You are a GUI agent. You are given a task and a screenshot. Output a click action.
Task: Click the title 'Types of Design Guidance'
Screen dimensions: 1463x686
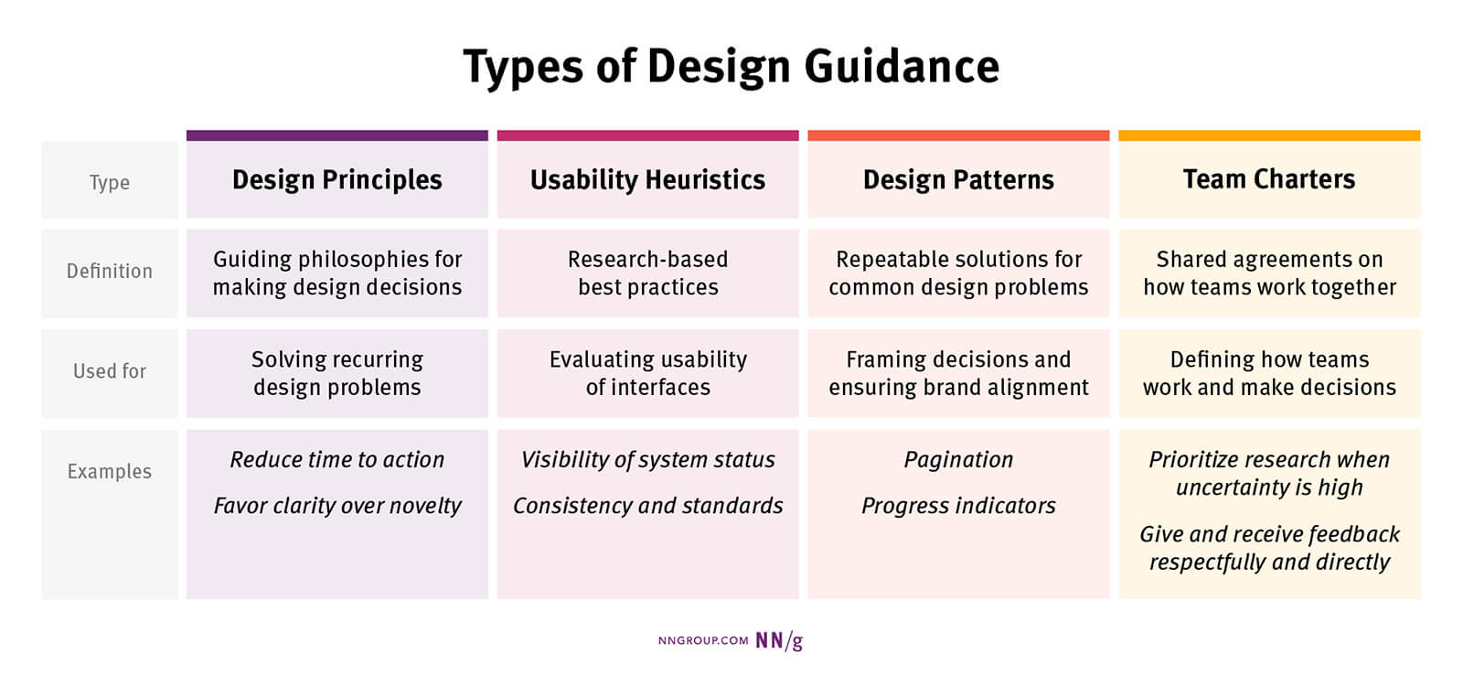(x=731, y=68)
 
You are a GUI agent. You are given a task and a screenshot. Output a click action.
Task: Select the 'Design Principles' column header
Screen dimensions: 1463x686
(x=337, y=179)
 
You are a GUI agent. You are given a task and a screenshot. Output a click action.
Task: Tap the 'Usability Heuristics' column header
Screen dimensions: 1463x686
(x=648, y=179)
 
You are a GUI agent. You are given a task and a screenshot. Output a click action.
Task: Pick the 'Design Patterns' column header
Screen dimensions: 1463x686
(x=958, y=179)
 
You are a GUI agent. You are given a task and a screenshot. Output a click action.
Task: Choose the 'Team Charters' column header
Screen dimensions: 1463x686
(x=1269, y=179)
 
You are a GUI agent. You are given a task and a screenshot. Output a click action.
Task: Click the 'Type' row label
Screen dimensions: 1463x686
(x=110, y=182)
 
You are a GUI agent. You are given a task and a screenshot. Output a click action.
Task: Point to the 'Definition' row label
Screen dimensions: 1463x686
(x=110, y=271)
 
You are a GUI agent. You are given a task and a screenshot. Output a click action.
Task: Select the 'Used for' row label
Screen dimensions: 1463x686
(x=110, y=371)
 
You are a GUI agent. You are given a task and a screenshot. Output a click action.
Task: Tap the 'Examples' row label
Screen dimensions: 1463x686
(x=110, y=471)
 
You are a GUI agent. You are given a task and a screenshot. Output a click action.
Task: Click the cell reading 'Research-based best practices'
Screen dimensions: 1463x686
(x=648, y=273)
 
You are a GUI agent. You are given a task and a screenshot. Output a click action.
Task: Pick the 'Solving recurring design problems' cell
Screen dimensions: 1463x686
(x=337, y=373)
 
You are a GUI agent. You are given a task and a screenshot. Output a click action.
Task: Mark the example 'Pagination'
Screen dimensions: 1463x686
(x=958, y=460)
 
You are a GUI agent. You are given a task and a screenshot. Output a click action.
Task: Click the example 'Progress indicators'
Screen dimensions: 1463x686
(x=958, y=506)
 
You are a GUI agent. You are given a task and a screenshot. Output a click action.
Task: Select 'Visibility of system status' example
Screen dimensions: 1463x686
(x=648, y=460)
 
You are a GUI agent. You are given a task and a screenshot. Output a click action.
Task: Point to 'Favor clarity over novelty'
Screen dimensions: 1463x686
(x=337, y=506)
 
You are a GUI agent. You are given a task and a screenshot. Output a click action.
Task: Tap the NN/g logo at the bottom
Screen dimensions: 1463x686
(x=779, y=641)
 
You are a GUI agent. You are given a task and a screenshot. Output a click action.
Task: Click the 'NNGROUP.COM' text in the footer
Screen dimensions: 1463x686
(x=703, y=640)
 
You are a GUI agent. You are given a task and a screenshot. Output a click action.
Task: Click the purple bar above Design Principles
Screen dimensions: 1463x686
(x=337, y=135)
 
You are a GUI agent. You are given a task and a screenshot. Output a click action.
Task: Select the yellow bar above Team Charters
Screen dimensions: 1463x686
(x=1269, y=135)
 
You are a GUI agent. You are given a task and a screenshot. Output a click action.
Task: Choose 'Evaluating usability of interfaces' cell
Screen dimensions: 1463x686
(x=648, y=373)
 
